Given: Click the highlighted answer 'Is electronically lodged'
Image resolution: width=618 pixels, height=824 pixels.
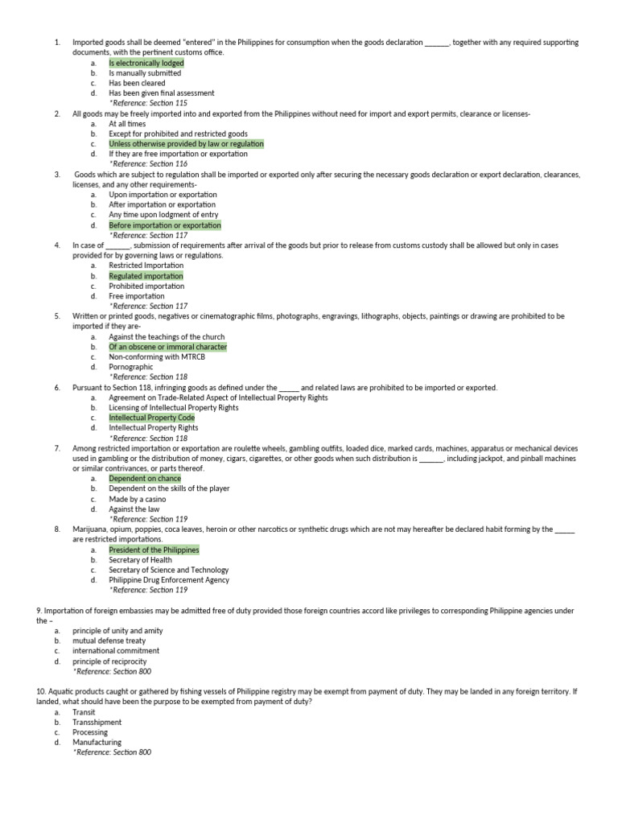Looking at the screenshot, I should click(146, 63).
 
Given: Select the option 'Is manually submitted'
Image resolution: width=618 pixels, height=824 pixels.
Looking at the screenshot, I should click(145, 73).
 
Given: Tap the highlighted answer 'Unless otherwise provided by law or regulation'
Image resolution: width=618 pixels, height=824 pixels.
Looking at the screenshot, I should click(186, 144).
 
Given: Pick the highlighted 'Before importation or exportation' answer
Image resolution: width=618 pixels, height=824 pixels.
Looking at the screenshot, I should click(165, 226).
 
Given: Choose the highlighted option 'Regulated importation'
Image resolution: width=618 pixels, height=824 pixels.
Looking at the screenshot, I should click(146, 276).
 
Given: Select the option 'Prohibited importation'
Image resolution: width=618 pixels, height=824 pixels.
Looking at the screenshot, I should click(146, 286).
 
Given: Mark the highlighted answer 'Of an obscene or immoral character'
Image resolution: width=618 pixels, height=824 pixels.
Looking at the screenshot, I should click(167, 347).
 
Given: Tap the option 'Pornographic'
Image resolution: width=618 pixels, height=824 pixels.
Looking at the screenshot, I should click(130, 367).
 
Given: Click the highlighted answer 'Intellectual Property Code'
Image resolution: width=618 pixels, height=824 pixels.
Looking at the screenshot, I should click(151, 418).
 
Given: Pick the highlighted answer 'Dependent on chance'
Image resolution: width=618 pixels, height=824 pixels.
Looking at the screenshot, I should click(145, 479).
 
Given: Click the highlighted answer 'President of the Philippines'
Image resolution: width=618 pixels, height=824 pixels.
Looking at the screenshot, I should click(154, 550).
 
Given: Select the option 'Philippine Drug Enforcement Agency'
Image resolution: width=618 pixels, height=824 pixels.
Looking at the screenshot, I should click(169, 579).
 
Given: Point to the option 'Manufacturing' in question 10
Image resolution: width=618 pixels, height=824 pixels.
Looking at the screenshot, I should click(97, 743).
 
